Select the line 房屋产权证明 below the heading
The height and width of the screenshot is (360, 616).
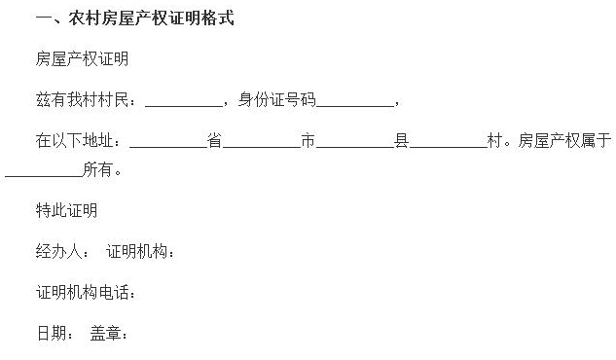pos(83,59)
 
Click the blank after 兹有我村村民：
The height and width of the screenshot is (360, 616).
pos(184,101)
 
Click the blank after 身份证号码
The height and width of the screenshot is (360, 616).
pos(355,101)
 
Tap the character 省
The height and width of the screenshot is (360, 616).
pos(215,141)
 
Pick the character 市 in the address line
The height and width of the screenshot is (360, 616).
pos(308,141)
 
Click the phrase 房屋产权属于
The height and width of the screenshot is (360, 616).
pos(565,141)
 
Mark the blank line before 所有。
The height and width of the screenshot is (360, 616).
pos(43,172)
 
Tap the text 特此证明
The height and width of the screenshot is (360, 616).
pos(67,211)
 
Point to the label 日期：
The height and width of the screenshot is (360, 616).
pos(55,334)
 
